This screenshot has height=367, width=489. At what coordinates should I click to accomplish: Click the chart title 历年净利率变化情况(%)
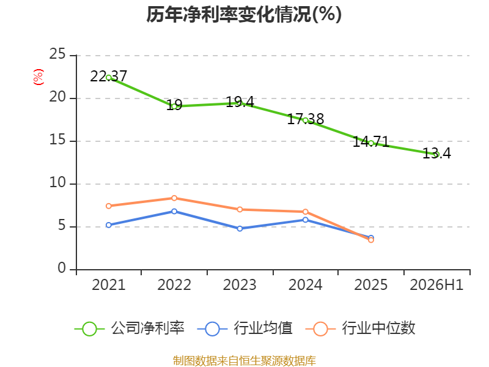244,15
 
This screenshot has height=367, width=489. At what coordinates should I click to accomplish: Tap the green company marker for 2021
109,78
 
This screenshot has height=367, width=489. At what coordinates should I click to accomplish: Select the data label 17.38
305,119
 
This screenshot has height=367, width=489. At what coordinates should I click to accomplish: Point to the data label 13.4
436,154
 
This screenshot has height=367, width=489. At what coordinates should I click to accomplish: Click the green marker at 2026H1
436,154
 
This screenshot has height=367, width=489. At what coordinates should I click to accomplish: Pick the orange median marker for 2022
174,198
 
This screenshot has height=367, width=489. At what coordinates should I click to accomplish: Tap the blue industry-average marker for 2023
240,228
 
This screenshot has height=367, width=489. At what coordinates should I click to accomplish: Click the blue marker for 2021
109,225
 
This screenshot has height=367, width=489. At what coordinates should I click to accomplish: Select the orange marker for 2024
305,212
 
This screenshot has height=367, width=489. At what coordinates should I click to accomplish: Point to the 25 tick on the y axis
57,54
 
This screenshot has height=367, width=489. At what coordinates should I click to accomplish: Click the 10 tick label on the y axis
57,182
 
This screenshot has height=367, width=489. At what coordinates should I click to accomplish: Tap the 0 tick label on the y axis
62,268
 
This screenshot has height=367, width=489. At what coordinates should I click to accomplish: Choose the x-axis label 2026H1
436,285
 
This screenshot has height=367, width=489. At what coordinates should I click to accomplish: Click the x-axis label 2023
240,285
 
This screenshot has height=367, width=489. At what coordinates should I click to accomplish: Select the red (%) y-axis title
39,77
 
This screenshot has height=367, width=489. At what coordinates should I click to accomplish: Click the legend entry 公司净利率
130,328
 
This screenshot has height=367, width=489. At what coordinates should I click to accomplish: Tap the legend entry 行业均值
245,328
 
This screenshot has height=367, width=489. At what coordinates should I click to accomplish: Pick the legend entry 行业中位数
361,328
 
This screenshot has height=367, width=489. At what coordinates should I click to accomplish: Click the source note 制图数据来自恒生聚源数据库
244,361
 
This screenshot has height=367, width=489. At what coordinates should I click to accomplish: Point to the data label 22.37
109,76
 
